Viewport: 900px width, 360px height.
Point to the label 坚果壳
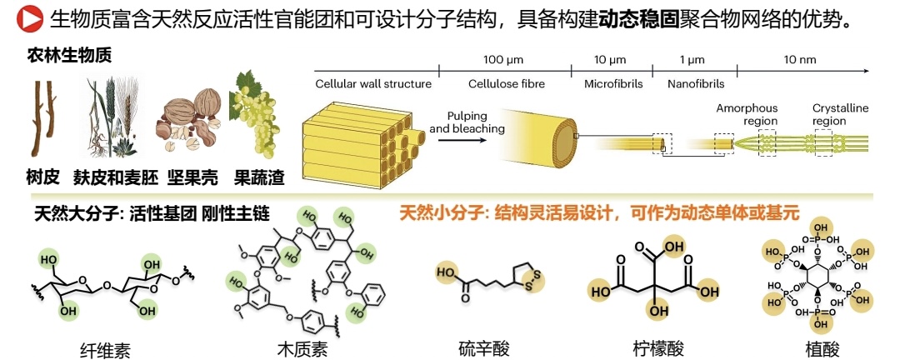pyautogui.click(x=188, y=177)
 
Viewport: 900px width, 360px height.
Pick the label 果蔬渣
pyautogui.click(x=257, y=177)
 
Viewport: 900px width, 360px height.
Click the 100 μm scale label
pyautogui.click(x=504, y=60)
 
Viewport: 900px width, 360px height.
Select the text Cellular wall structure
pyautogui.click(x=373, y=83)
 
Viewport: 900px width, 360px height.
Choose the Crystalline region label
pyautogui.click(x=841, y=114)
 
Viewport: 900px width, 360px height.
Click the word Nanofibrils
pyautogui.click(x=697, y=83)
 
